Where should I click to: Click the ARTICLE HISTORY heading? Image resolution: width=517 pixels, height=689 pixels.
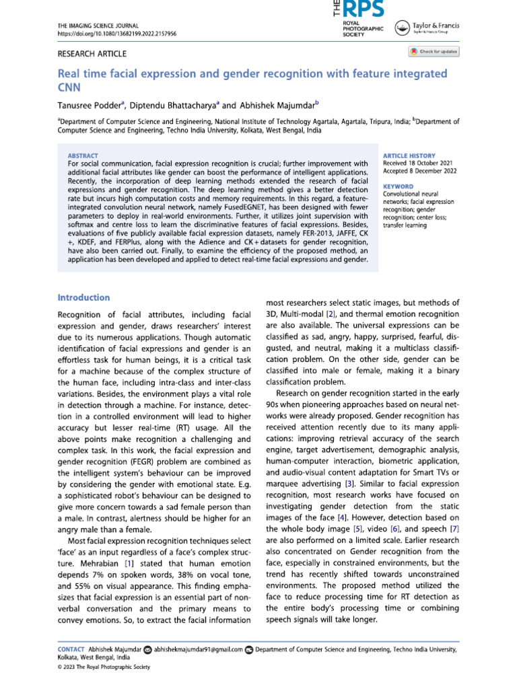point(409,155)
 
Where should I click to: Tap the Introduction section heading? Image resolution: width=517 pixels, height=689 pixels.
point(83,297)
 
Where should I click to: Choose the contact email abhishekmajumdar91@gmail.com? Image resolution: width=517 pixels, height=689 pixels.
point(198,649)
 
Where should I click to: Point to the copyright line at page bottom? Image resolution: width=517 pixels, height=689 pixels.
point(103,667)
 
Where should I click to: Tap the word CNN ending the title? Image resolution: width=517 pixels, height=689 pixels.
point(68,85)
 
